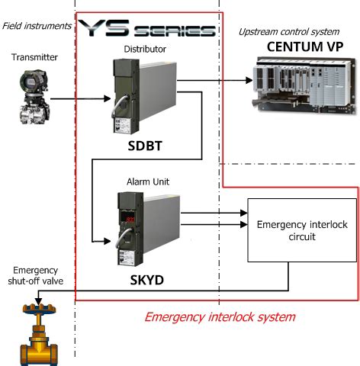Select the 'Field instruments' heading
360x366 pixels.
coord(37,26)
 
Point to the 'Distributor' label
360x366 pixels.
coord(145,50)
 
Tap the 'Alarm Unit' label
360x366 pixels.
coord(146,183)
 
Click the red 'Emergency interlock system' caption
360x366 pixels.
coord(220,316)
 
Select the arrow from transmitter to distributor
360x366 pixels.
coord(83,99)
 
